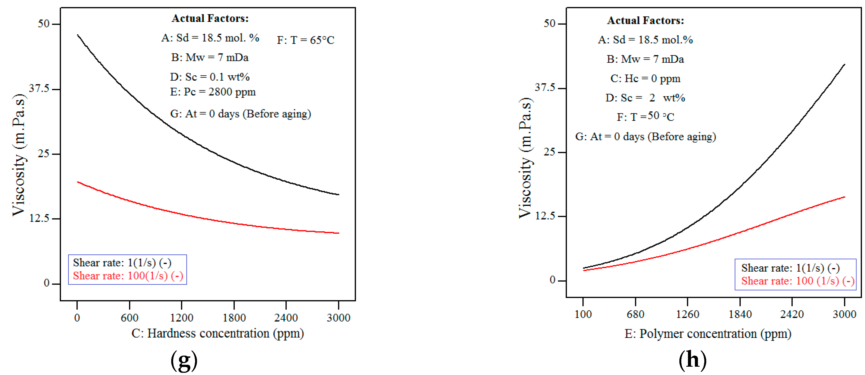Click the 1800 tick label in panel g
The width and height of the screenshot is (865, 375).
pyautogui.click(x=234, y=318)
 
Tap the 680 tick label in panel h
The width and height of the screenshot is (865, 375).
pyautogui.click(x=635, y=314)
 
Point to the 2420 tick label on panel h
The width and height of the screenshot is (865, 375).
pyautogui.click(x=792, y=314)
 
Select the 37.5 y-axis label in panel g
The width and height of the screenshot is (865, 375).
pyautogui.click(x=39, y=88)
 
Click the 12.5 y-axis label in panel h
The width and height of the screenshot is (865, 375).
pyautogui.click(x=545, y=216)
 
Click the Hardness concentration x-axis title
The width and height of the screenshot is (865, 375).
pyautogui.click(x=217, y=333)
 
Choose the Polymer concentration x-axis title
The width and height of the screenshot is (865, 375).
pyautogui.click(x=708, y=334)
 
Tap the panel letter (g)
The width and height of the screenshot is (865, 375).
pyautogui.click(x=184, y=360)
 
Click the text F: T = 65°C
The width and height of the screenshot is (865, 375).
pyautogui.click(x=305, y=40)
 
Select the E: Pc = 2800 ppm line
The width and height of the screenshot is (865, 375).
pyautogui.click(x=213, y=92)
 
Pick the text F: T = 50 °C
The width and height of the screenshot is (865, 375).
pyautogui.click(x=645, y=117)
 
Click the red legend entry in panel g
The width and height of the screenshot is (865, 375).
pyautogui.click(x=128, y=276)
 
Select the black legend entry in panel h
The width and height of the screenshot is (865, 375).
pyautogui.click(x=790, y=268)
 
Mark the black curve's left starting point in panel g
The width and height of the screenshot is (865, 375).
pyautogui.click(x=78, y=35)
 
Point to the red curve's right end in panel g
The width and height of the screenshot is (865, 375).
pyautogui.click(x=339, y=233)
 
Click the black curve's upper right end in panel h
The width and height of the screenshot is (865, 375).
pyautogui.click(x=844, y=65)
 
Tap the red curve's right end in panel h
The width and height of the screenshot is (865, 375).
pyautogui.click(x=844, y=197)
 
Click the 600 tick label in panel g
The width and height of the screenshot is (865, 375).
pyautogui.click(x=130, y=318)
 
